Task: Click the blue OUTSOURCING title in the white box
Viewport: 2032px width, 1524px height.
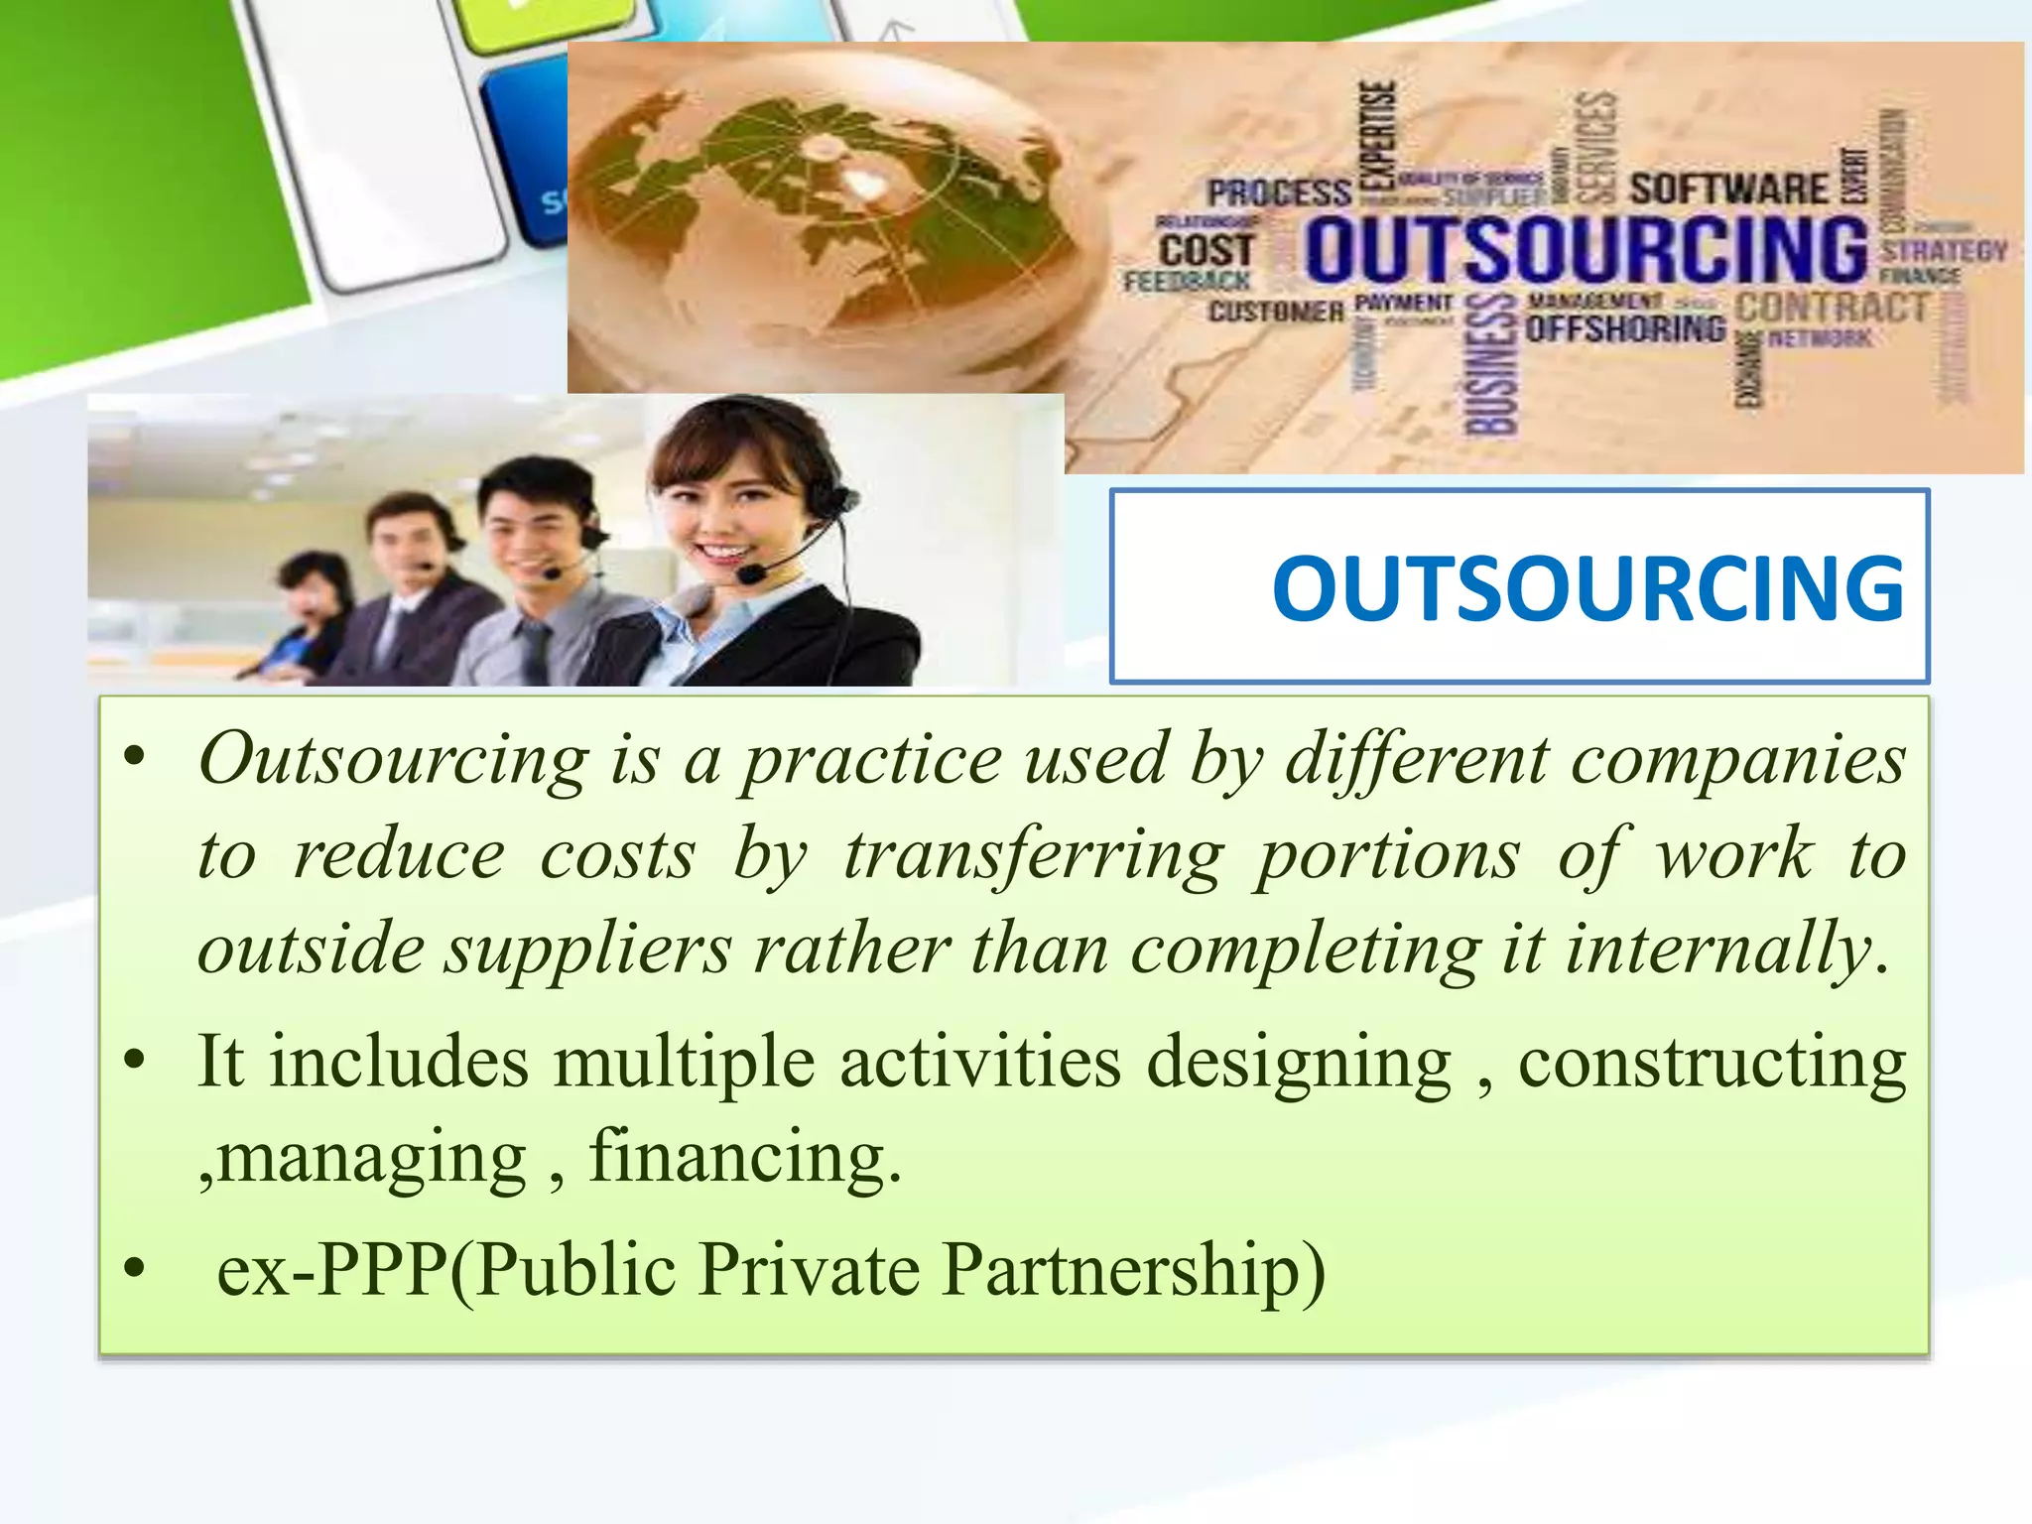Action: pyautogui.click(x=1587, y=588)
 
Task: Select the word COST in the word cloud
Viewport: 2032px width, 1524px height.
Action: pyautogui.click(x=1206, y=250)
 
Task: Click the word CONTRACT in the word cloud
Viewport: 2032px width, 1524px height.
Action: pyautogui.click(x=1831, y=308)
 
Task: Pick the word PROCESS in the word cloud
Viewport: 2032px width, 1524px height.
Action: pyautogui.click(x=1279, y=192)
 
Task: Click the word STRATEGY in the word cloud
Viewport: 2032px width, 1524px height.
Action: pyautogui.click(x=1944, y=250)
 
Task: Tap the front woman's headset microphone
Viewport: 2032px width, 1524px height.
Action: pyautogui.click(x=751, y=574)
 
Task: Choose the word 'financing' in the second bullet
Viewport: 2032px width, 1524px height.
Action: pyautogui.click(x=745, y=1157)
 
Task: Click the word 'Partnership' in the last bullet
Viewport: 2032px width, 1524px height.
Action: pyautogui.click(x=1132, y=1270)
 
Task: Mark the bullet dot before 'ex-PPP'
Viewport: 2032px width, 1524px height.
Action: pyautogui.click(x=135, y=1268)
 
